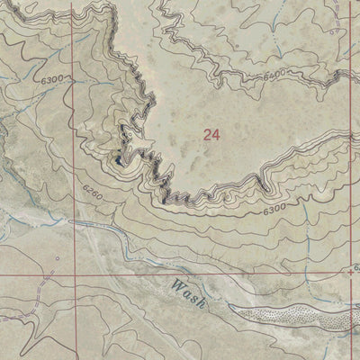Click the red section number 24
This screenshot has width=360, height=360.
[211, 135]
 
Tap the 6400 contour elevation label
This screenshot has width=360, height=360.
[277, 73]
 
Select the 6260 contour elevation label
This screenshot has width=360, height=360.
[94, 190]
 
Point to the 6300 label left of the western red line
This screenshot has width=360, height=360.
[52, 80]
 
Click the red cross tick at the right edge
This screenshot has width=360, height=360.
[350, 269]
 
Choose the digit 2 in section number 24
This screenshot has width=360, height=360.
[207, 135]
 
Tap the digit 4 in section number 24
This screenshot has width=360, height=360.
[216, 135]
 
